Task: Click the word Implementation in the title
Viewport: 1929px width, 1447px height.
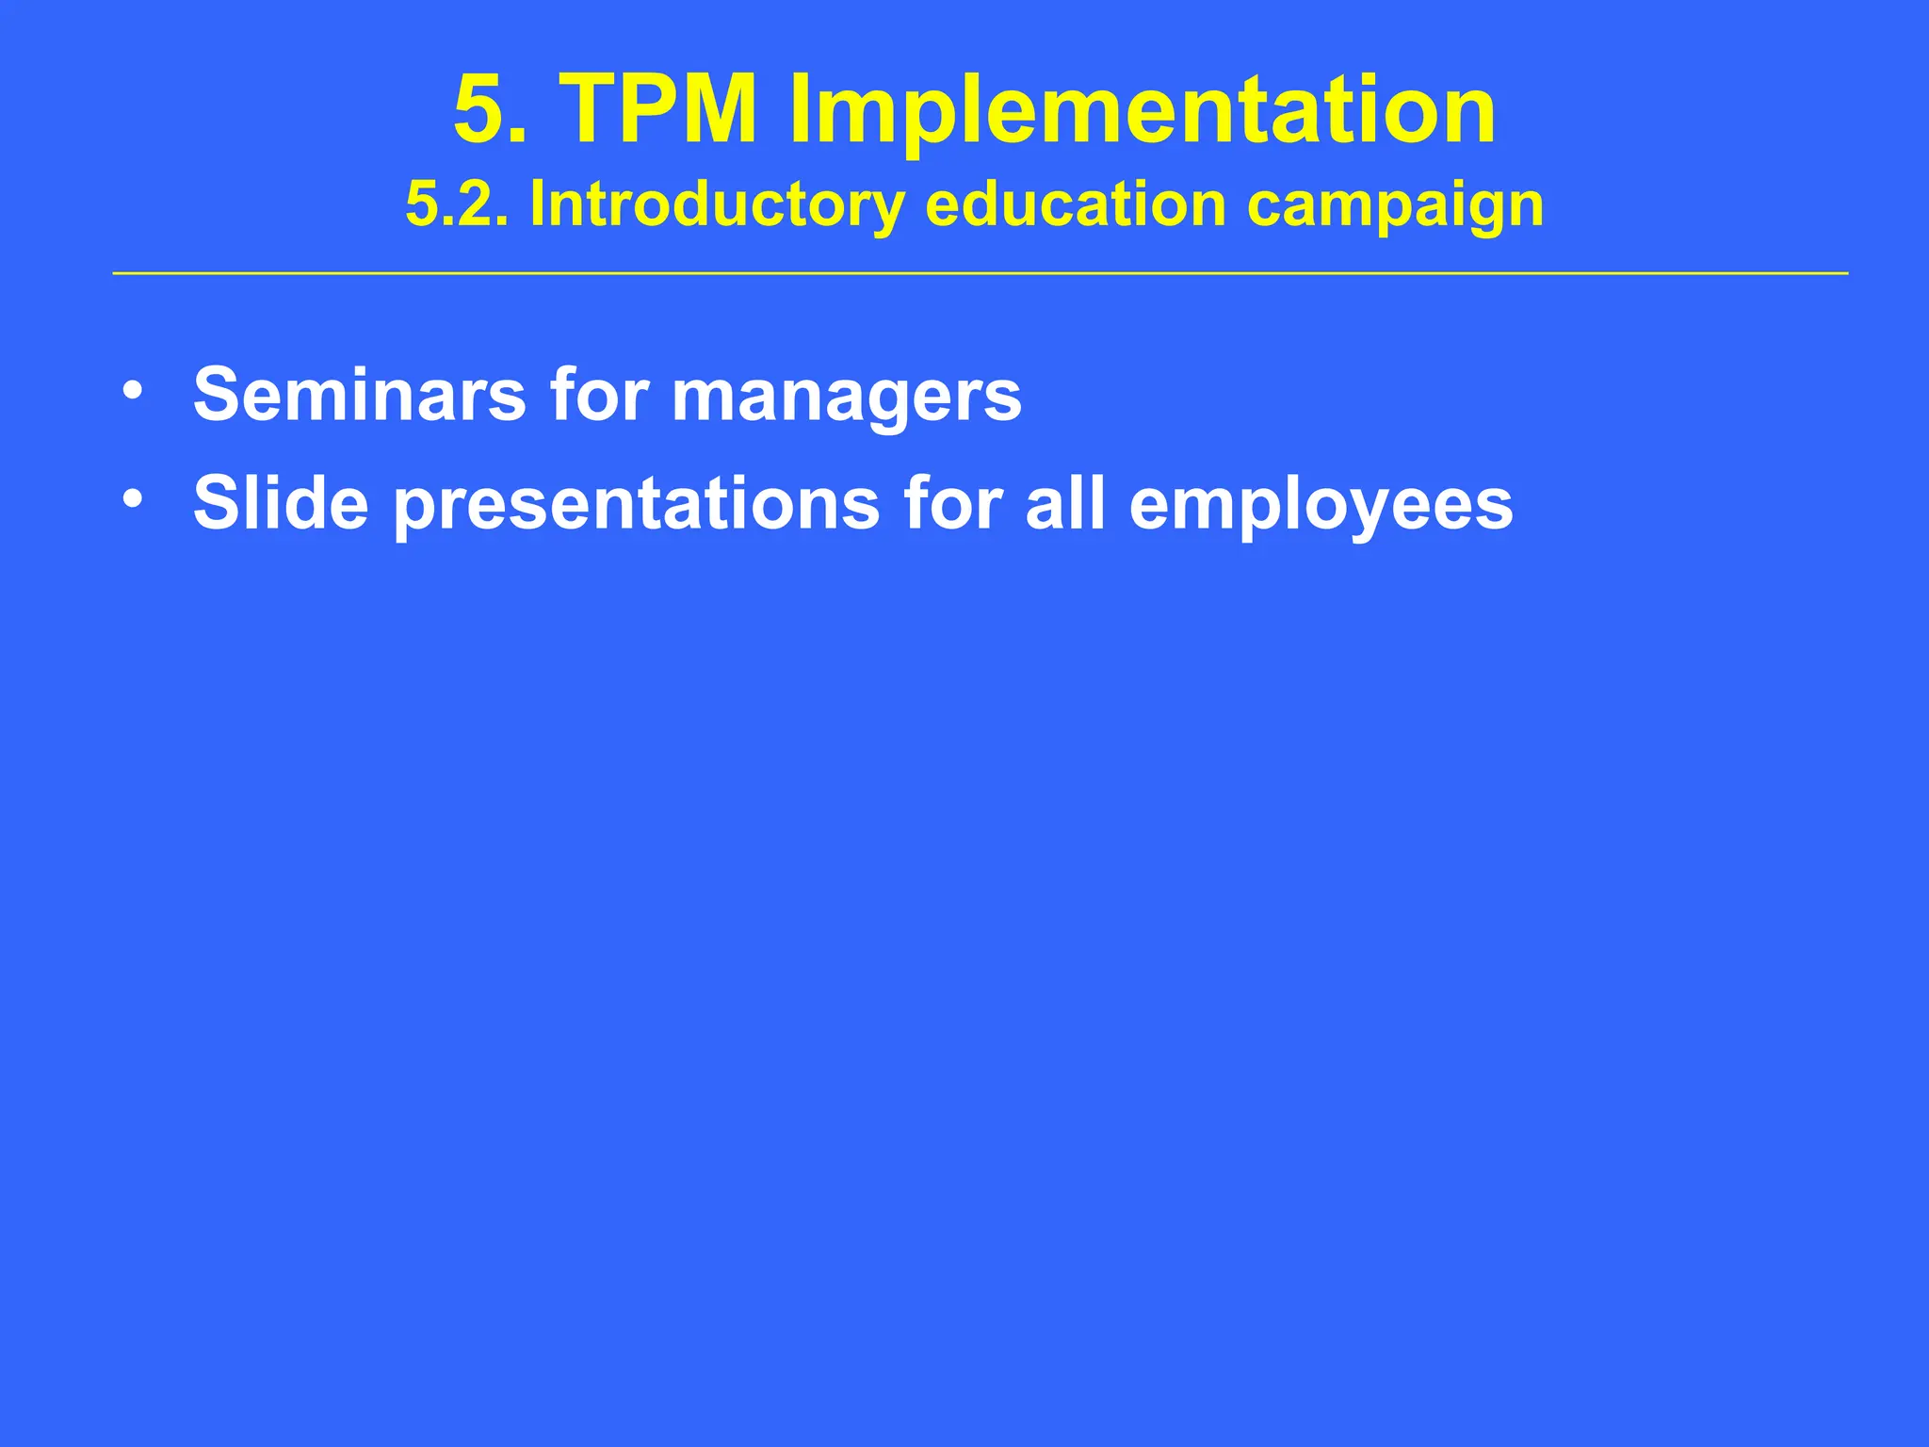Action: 1142,111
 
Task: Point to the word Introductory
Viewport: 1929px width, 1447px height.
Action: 716,205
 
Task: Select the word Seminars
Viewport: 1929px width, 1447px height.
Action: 359,394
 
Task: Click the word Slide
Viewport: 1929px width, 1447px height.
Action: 280,502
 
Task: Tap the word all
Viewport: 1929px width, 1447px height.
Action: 1064,502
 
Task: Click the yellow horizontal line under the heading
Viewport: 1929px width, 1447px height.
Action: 980,273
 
